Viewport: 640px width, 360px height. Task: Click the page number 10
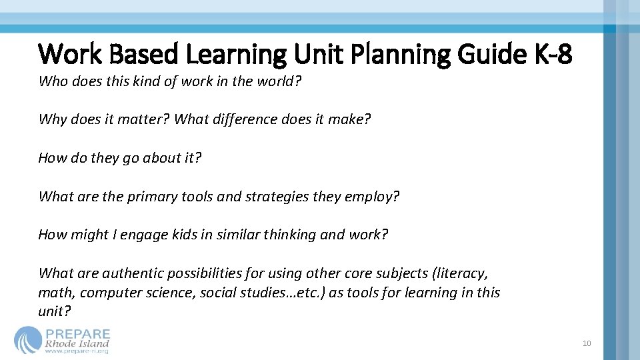click(587, 344)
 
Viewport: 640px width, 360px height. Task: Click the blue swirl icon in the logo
click(28, 339)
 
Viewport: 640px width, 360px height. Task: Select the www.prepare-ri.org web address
click(77, 351)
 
